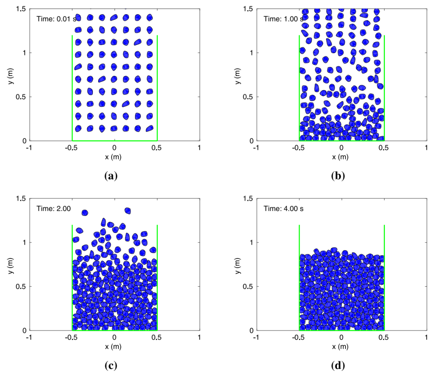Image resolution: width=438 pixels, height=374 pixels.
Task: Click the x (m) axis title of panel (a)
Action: click(114, 157)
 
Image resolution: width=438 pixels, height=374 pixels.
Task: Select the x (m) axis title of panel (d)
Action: click(341, 347)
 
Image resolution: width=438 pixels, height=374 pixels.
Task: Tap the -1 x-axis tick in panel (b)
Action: click(255, 148)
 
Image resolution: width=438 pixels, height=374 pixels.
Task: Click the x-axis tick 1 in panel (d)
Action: click(426, 337)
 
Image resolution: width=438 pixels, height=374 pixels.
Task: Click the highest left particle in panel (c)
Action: click(85, 213)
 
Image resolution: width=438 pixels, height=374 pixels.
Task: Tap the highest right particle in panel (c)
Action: click(128, 211)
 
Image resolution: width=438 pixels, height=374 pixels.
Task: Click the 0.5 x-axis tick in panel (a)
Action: click(157, 148)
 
